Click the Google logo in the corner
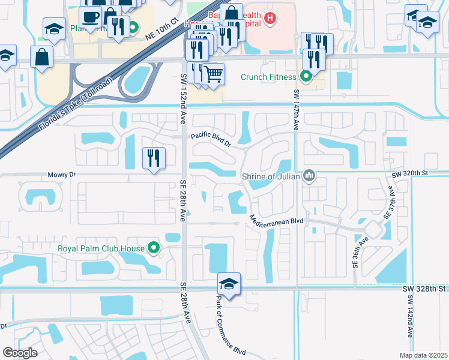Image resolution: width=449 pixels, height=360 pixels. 20,352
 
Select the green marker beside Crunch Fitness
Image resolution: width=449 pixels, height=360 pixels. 306,77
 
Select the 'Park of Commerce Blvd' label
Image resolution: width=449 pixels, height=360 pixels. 223,326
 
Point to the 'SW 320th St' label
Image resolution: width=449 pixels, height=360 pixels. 412,174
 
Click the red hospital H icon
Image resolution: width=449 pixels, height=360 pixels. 271,19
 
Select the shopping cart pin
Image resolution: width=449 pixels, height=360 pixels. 213,74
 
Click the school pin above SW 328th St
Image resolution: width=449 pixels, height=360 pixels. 229,283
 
